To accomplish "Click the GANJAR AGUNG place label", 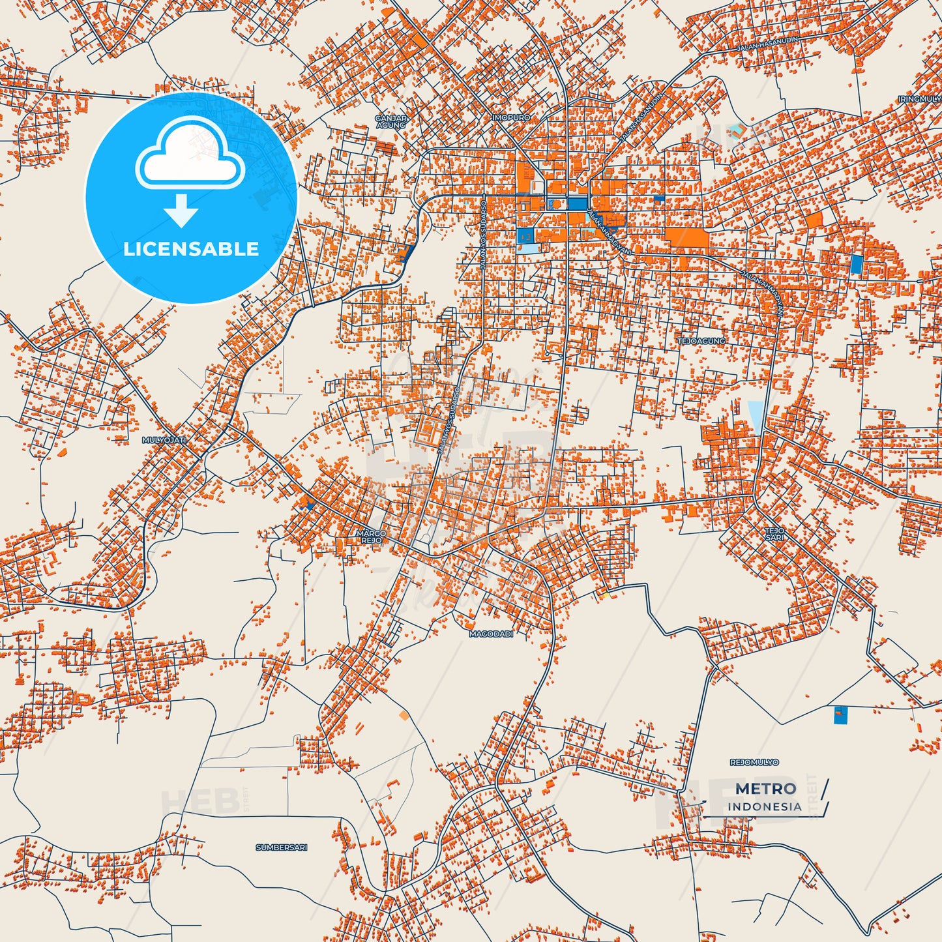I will pyautogui.click(x=391, y=121).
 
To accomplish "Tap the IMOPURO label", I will pyautogui.click(x=512, y=117).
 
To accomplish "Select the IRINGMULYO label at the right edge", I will pyautogui.click(x=920, y=99).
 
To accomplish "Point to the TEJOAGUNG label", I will pyautogui.click(x=701, y=341).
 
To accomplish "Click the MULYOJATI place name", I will pyautogui.click(x=164, y=441).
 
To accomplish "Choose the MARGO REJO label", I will pyautogui.click(x=371, y=537).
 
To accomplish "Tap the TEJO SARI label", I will pyautogui.click(x=774, y=534).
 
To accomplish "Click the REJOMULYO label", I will pyautogui.click(x=754, y=762).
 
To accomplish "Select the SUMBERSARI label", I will pyautogui.click(x=281, y=847).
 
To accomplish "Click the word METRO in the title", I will pyautogui.click(x=765, y=789).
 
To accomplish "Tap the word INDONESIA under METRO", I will pyautogui.click(x=765, y=806).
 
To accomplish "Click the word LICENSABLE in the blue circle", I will pyautogui.click(x=191, y=249).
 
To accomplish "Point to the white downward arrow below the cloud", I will pyautogui.click(x=181, y=210).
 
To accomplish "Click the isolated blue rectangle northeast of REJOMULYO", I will pyautogui.click(x=840, y=714).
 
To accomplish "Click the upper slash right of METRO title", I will pyautogui.click(x=825, y=787).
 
